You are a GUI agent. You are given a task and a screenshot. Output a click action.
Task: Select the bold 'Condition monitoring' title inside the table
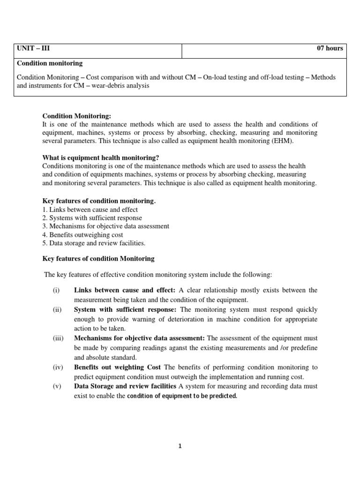(50, 63)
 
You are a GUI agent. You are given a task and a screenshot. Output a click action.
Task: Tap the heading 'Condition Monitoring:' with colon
(77, 116)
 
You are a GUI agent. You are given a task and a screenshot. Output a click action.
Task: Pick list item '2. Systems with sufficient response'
(92, 217)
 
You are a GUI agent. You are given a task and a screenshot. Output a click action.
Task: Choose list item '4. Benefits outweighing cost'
(82, 234)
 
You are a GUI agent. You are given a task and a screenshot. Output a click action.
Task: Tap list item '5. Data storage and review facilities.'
(94, 243)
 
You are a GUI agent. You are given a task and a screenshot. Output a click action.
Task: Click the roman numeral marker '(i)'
(56, 290)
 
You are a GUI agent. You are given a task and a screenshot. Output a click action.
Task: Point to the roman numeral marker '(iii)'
(57, 338)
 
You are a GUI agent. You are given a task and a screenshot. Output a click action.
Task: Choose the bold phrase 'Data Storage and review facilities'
(125, 386)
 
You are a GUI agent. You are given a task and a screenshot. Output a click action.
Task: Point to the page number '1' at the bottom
(180, 446)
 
